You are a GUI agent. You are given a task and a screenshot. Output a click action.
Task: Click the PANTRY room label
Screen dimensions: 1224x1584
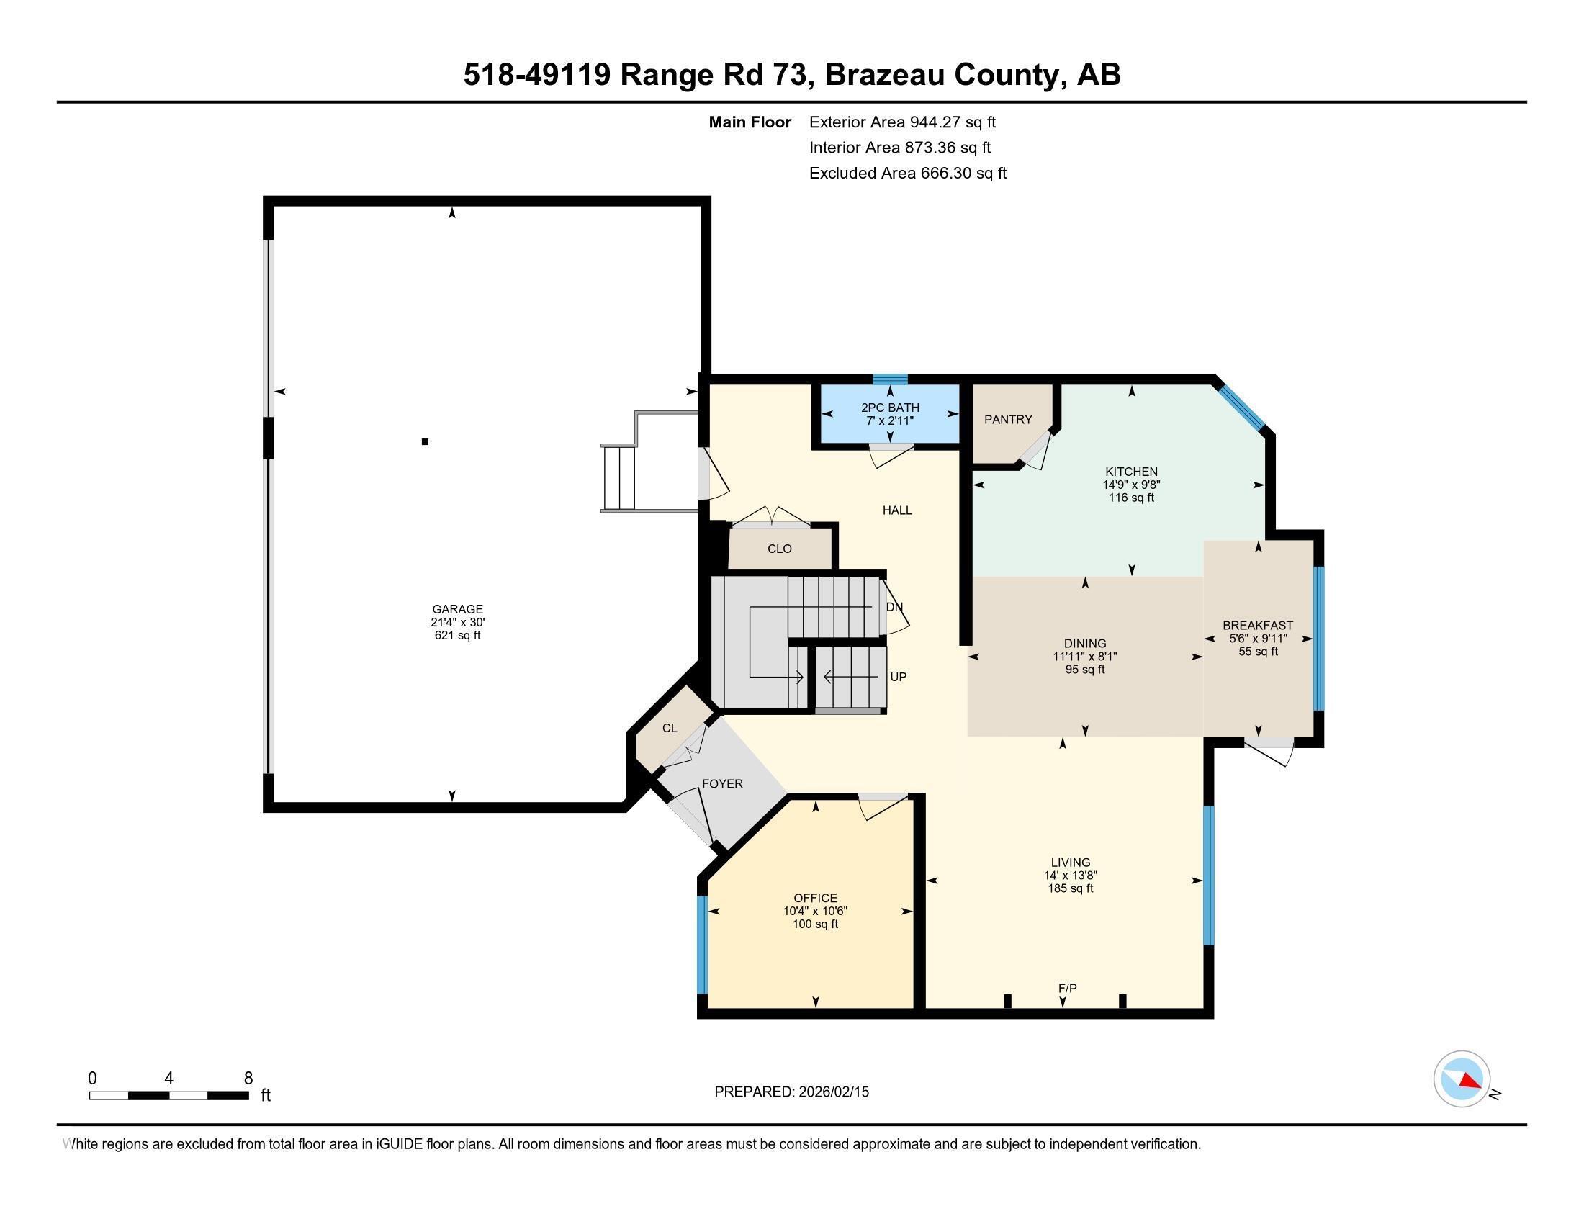pyautogui.click(x=1007, y=419)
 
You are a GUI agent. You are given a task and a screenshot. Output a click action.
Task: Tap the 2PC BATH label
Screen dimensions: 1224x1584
pyautogui.click(x=890, y=408)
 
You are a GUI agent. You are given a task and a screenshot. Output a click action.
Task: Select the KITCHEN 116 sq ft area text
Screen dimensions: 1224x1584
pyautogui.click(x=1130, y=498)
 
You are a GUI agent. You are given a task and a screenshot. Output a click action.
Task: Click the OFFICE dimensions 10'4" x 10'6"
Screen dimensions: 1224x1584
pyautogui.click(x=815, y=912)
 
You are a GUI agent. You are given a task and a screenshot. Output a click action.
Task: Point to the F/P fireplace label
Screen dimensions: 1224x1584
pyautogui.click(x=1067, y=989)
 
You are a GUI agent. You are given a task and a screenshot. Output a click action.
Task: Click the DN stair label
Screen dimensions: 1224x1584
pyautogui.click(x=894, y=608)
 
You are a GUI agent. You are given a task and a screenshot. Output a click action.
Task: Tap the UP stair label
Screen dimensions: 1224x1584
pyautogui.click(x=898, y=677)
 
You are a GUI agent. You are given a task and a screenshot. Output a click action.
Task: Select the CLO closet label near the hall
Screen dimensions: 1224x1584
pyautogui.click(x=780, y=549)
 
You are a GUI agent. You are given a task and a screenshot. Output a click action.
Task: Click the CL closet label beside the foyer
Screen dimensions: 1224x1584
pyautogui.click(x=670, y=728)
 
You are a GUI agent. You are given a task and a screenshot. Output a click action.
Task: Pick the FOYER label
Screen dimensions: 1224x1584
pyautogui.click(x=722, y=784)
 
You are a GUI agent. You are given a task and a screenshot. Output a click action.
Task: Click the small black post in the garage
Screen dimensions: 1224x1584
pyautogui.click(x=426, y=441)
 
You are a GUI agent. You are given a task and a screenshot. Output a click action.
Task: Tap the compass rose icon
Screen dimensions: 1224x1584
pyautogui.click(x=1462, y=1079)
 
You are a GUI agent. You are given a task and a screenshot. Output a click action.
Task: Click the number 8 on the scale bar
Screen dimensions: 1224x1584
pyautogui.click(x=248, y=1079)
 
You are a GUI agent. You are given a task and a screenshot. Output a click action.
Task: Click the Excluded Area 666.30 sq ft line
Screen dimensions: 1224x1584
pyautogui.click(x=907, y=174)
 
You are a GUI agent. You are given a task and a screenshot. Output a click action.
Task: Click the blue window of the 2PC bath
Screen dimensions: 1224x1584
pyautogui.click(x=890, y=379)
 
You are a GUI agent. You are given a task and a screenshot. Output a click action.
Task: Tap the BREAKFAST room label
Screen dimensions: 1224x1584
pyautogui.click(x=1258, y=625)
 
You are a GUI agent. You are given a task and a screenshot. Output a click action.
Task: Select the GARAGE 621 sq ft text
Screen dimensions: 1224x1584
pyautogui.click(x=457, y=635)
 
